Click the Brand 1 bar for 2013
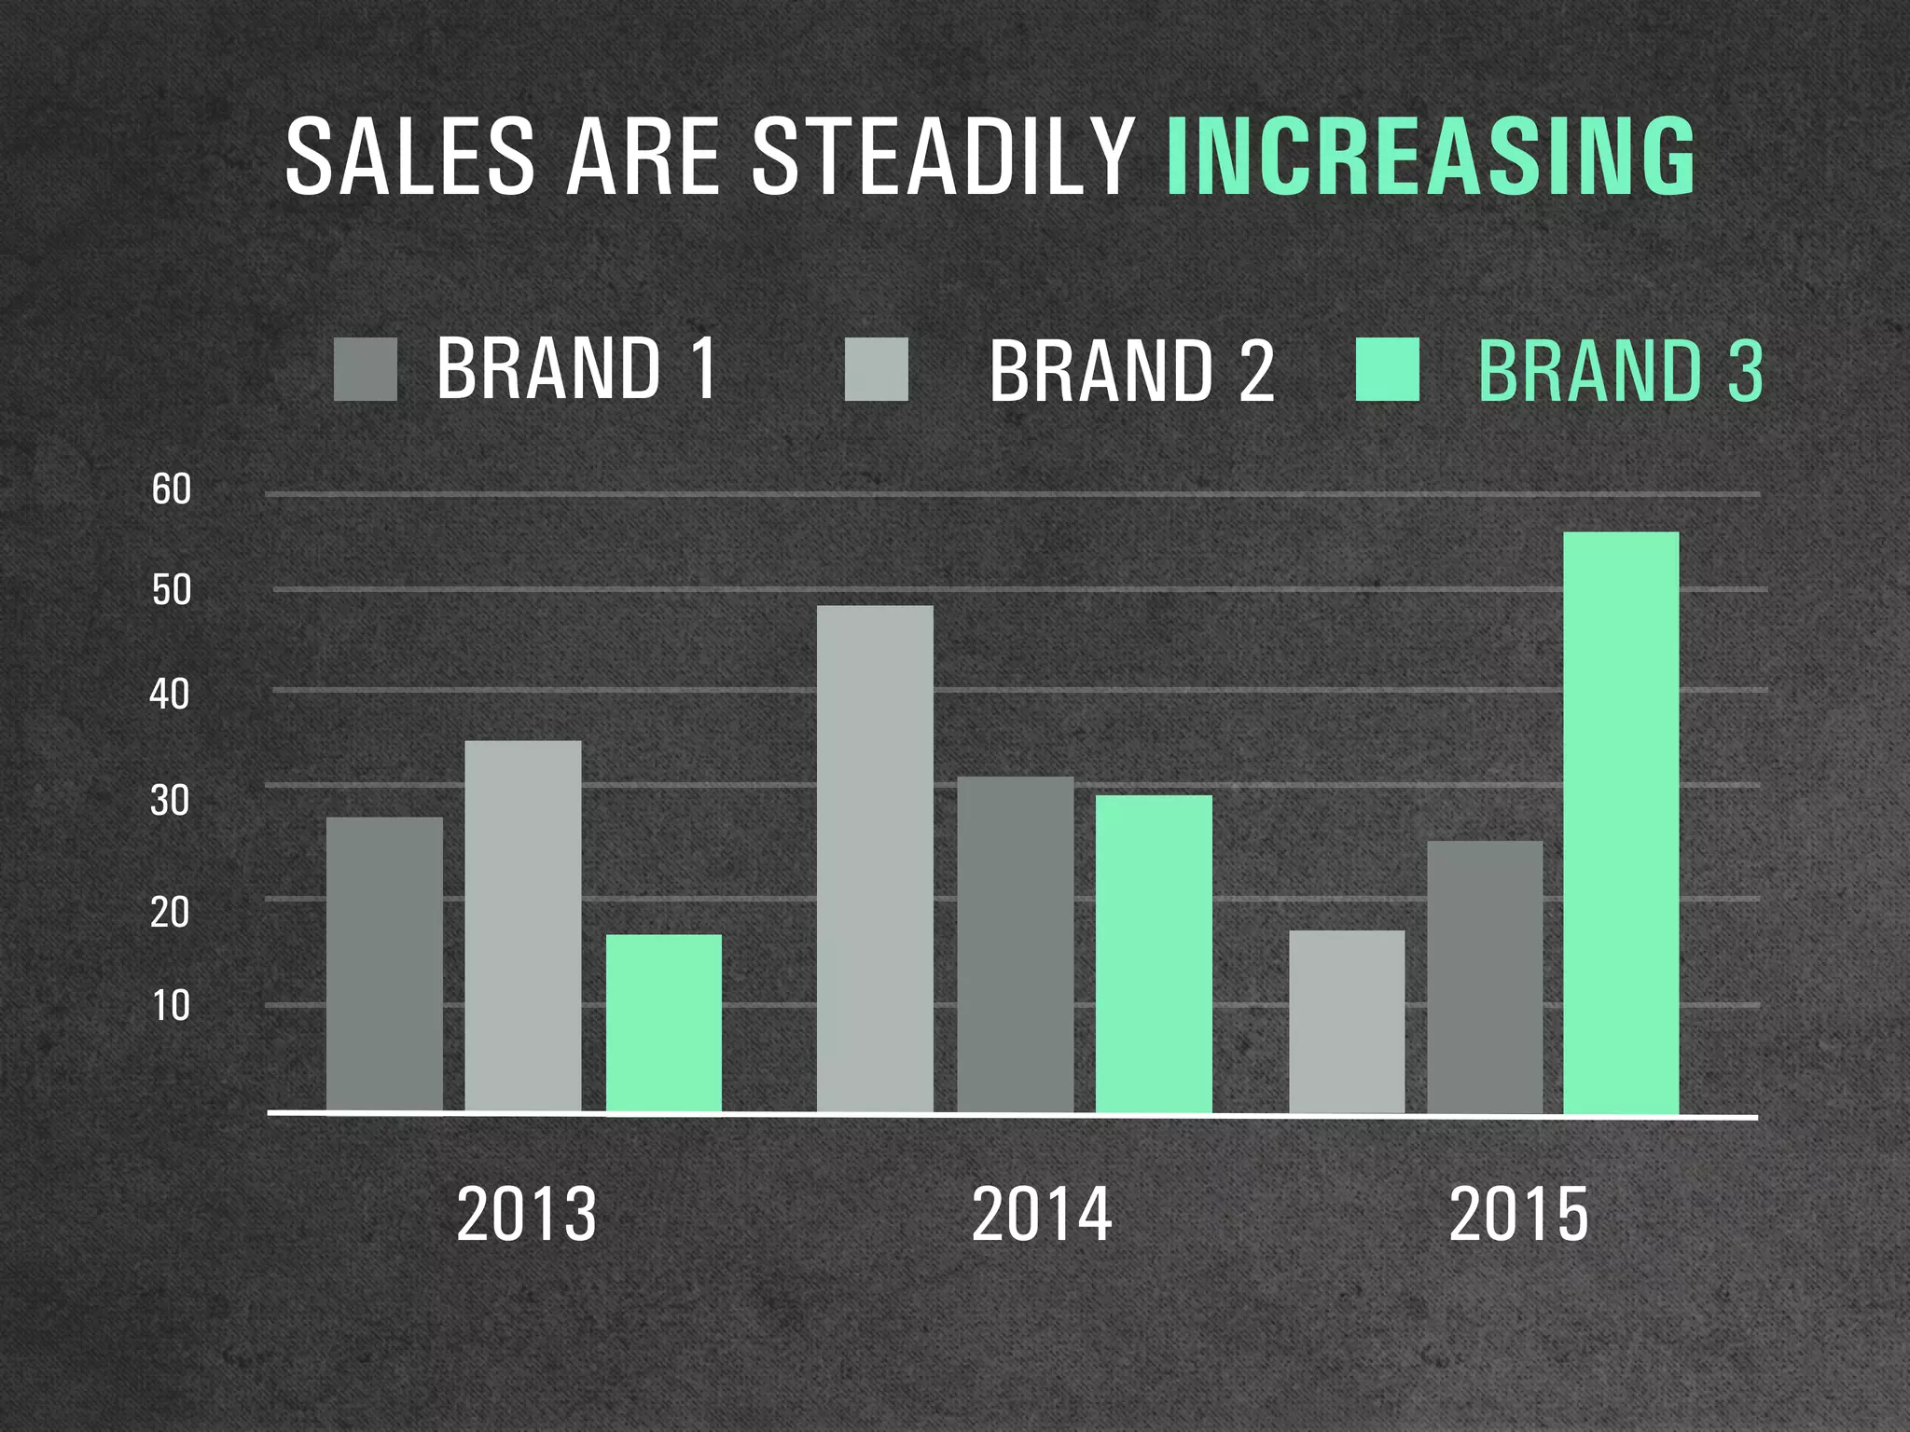pos(384,964)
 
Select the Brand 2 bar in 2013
pos(523,926)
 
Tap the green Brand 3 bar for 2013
pos(664,1023)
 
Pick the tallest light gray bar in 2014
pos(875,858)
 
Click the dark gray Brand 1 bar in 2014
pos(1016,943)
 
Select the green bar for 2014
pos(1154,953)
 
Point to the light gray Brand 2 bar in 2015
pos(1347,1021)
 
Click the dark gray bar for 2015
pos(1485,976)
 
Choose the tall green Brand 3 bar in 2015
pos(1621,822)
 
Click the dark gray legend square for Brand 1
pos(366,369)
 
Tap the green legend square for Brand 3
pos(1388,369)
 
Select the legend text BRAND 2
pos(1131,371)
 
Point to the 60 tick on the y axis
pos(172,489)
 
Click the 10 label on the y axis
pos(171,1006)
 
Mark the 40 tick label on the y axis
pos(170,695)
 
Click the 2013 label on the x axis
pos(526,1214)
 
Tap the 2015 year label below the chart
pos(1518,1214)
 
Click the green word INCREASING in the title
pos(1431,156)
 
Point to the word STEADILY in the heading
pos(943,156)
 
